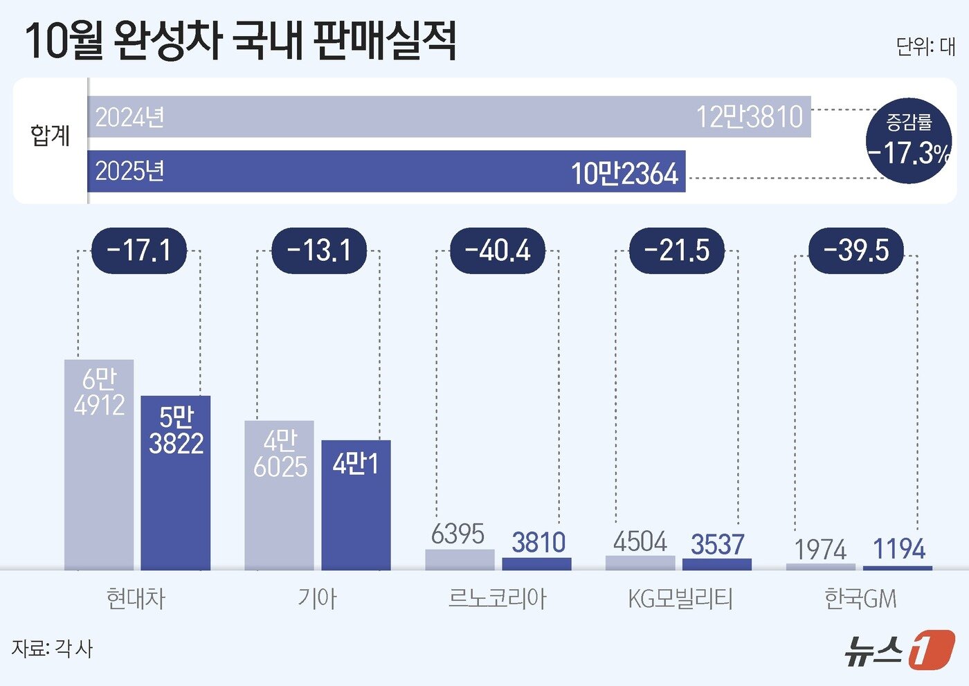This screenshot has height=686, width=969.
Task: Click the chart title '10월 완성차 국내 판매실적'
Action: [x=240, y=41]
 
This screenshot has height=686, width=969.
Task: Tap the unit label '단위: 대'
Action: [x=925, y=46]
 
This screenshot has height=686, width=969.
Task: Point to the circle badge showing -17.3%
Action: [x=909, y=141]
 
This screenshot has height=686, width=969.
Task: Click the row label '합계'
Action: [x=50, y=135]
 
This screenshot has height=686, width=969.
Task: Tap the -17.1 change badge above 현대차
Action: [x=139, y=251]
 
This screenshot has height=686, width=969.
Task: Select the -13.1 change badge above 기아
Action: [x=318, y=251]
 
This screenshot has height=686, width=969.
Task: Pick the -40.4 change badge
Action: [x=498, y=251]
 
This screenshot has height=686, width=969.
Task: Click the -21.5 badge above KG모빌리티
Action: [x=676, y=251]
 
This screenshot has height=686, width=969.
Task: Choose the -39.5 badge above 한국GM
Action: [x=856, y=251]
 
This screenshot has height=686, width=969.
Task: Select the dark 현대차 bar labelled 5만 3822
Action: [x=176, y=485]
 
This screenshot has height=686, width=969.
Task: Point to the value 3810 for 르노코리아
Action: [x=538, y=543]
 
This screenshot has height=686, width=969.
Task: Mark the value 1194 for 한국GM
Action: [x=898, y=550]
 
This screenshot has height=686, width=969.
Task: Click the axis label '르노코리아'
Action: [x=497, y=598]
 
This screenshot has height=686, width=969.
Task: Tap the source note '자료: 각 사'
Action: [x=52, y=649]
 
